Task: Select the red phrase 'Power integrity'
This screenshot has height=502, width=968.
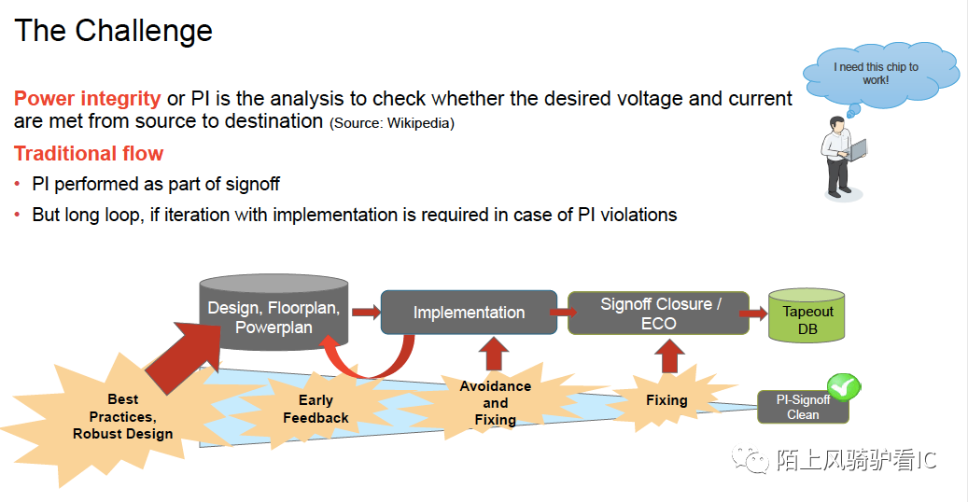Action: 87,98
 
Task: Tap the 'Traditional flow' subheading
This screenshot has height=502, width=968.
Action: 89,153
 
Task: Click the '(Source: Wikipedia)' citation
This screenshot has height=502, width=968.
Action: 392,123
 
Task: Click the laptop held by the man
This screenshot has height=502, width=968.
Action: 858,149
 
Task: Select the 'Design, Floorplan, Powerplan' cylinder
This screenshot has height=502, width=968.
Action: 274,312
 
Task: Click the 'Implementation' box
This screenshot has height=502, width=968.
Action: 470,313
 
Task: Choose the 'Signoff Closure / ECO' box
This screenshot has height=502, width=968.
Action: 659,314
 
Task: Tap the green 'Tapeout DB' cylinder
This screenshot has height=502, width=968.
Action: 807,314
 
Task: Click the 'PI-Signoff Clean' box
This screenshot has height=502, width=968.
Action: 803,407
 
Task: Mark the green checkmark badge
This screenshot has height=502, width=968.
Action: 843,387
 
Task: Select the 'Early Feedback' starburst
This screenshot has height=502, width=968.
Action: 316,409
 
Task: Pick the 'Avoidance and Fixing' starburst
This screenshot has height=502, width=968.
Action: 495,402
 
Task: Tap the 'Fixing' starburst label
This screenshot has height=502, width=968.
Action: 666,400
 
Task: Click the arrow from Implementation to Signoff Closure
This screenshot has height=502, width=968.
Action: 563,313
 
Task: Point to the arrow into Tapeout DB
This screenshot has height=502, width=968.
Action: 753,314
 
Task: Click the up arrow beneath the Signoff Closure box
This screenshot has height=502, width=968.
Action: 669,356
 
